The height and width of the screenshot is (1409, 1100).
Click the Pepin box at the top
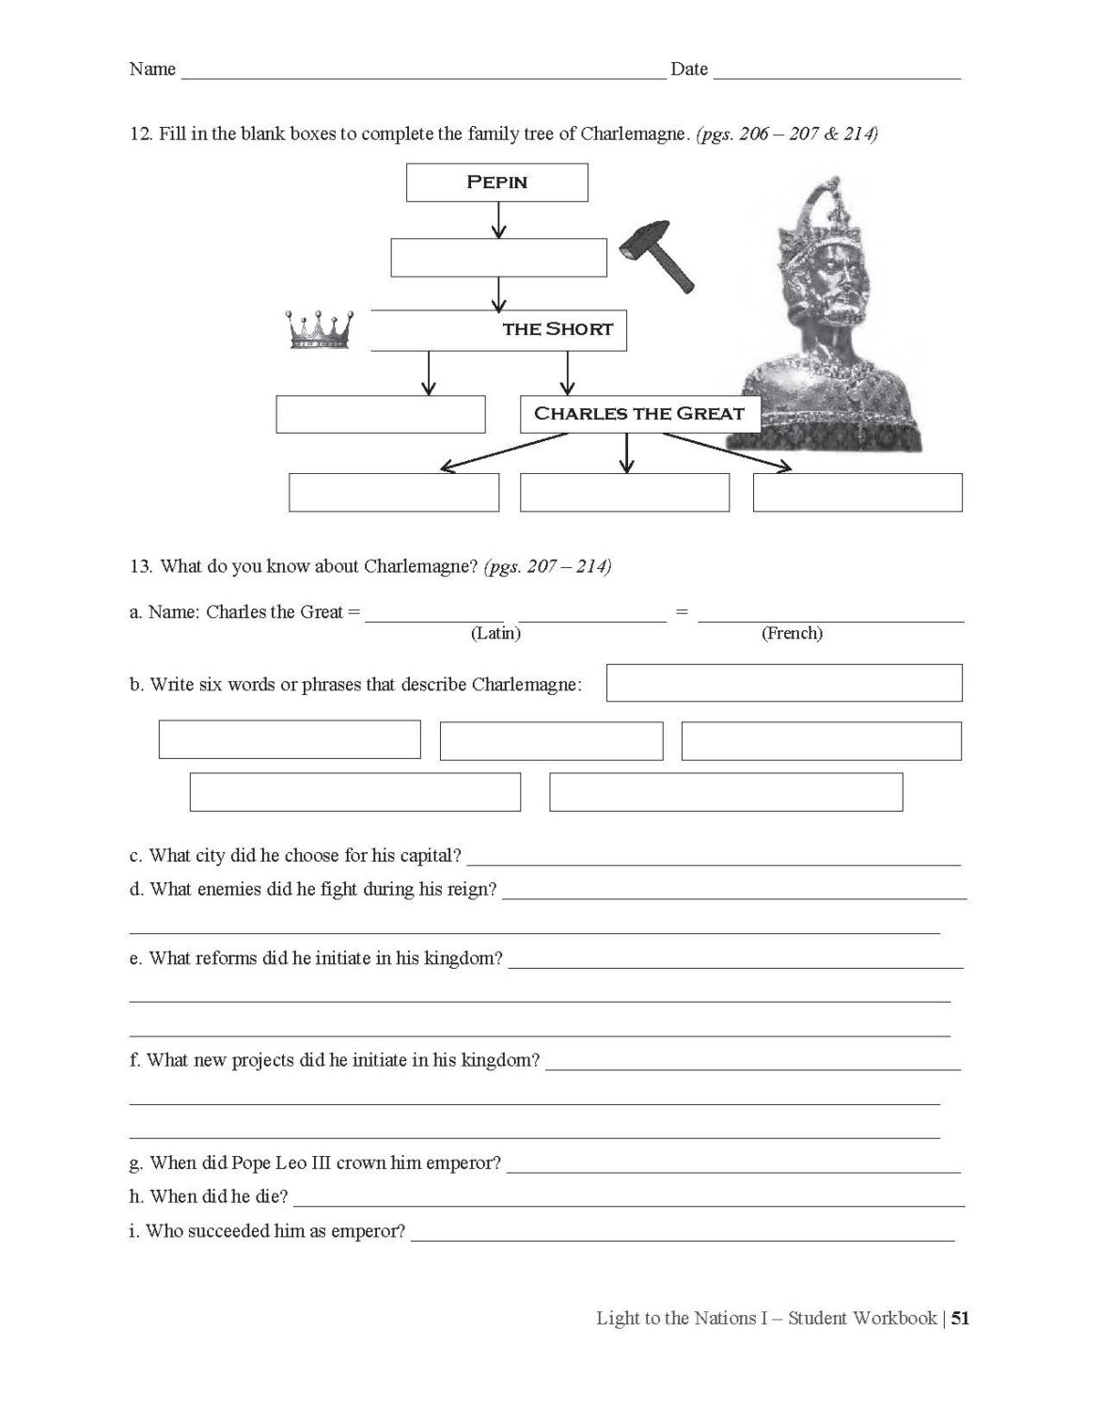[496, 182]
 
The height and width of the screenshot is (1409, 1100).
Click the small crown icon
[319, 330]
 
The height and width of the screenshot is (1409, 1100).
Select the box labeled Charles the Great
[639, 414]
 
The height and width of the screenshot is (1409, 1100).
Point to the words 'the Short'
[558, 329]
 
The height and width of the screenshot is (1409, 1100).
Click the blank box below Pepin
[498, 258]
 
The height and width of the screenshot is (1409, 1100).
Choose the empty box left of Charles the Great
[380, 415]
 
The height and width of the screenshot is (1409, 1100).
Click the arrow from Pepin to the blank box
[498, 220]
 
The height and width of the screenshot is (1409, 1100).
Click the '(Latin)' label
[495, 633]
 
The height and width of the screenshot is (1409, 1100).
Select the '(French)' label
[792, 633]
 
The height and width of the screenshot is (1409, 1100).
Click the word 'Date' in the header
[689, 69]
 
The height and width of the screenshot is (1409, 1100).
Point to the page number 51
[960, 1318]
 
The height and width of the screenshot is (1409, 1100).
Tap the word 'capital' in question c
[428, 855]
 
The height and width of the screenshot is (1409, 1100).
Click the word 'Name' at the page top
[152, 69]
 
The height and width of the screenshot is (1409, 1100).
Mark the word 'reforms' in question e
[225, 958]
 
